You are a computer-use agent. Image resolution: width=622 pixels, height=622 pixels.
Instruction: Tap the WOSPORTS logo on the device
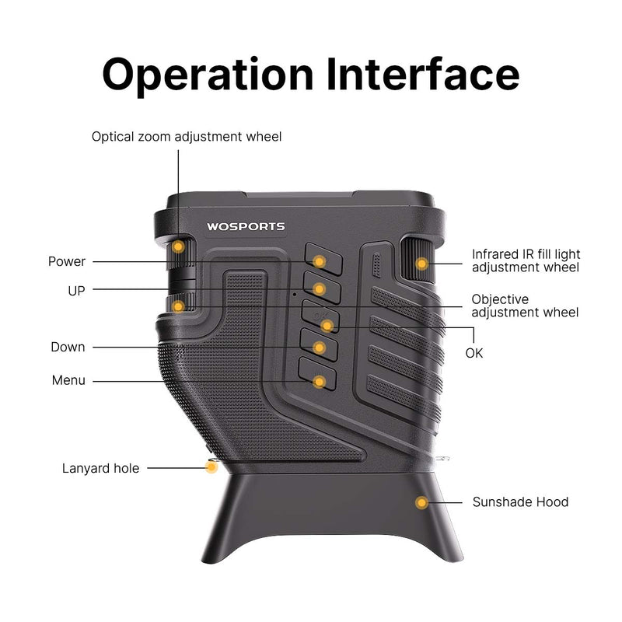246,227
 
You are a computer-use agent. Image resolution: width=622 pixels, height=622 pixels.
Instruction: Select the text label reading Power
67,261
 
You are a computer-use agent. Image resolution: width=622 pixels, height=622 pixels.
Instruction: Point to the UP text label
76,290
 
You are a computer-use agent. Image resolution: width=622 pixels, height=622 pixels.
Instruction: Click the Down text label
68,347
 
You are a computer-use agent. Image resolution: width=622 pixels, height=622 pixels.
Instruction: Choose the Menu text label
68,380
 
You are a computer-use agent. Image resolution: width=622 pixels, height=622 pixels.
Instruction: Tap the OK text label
474,352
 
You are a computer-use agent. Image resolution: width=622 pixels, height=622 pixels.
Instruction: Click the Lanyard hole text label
101,468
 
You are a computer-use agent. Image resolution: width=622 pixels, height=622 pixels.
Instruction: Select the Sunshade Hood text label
520,501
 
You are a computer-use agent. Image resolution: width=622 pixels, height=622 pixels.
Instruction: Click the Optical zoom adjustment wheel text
187,137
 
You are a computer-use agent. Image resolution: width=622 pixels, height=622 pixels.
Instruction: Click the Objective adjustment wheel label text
525,306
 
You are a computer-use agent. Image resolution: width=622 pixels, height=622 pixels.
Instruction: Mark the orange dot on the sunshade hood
421,502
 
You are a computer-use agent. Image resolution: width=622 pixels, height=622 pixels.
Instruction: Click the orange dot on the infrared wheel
421,264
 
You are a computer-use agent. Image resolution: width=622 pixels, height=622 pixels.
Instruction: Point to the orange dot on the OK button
327,325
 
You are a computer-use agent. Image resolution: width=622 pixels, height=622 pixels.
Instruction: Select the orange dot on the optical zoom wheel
178,246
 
